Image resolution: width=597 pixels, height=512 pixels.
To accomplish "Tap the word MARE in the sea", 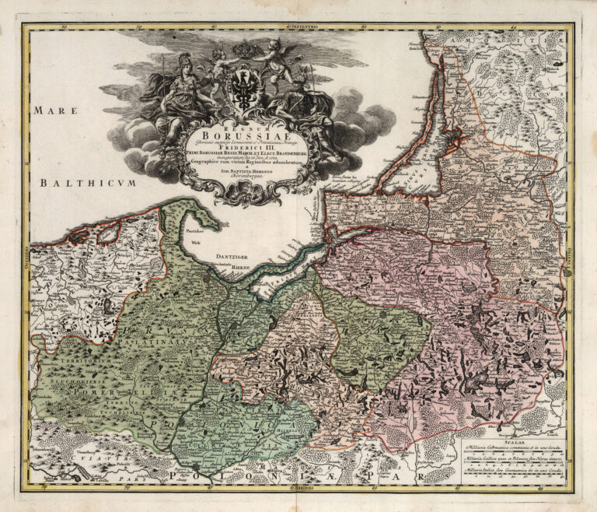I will [55, 110].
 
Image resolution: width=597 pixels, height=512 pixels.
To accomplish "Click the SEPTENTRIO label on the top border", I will [299, 27].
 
